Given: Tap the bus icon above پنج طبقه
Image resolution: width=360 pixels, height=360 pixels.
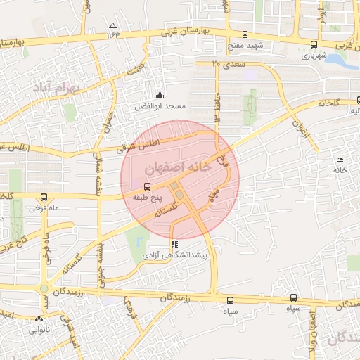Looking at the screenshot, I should click(147, 186).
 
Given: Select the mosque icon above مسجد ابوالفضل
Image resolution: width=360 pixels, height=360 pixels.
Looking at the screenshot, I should click(160, 96).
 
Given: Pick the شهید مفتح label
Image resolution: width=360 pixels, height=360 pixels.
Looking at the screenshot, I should click(244, 45).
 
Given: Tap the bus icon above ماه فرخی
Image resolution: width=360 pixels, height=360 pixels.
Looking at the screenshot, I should click(44, 198).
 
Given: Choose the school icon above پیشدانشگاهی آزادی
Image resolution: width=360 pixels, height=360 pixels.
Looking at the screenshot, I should click(174, 245).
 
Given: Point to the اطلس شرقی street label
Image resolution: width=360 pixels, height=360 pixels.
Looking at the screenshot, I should click(146, 144).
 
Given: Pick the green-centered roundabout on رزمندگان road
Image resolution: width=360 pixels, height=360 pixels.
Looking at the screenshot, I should click(46, 288).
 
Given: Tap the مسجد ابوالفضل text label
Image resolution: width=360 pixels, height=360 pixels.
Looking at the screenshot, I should click(160, 106).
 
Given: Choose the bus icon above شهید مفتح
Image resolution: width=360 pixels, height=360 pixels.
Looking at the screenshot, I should click(244, 34).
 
